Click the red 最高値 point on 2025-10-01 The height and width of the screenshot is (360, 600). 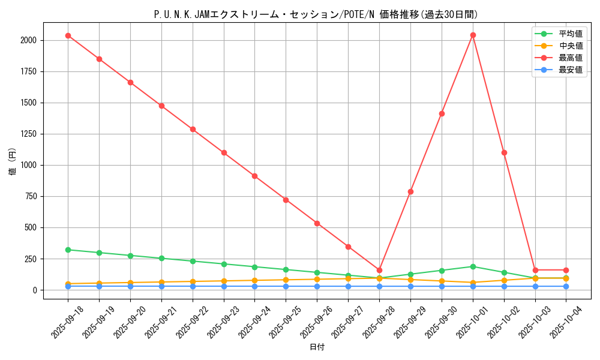473,35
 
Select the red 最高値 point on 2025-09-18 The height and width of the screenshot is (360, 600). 68,35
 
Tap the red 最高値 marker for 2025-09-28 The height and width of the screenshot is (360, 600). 379,270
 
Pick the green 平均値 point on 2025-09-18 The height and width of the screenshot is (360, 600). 68,250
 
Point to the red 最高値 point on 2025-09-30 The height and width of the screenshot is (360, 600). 442,113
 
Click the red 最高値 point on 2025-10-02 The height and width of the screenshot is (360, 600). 504,152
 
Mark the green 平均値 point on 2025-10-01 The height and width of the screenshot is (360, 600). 473,266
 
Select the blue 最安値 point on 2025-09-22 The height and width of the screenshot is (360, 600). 193,286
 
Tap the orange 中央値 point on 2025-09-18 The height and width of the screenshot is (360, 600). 68,284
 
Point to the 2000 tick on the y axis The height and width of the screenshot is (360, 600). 28,40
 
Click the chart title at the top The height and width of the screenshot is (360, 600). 316,14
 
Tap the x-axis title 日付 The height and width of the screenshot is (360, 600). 317,347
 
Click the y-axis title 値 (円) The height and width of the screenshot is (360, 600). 13,162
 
